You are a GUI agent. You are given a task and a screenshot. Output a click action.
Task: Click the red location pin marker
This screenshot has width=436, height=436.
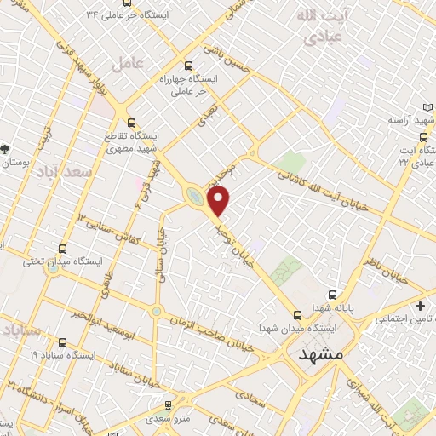click(220, 200)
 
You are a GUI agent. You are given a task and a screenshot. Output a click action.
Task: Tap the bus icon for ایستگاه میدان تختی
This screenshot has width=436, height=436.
click(62, 249)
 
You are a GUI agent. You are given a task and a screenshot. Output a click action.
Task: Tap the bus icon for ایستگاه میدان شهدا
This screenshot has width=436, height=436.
click(296, 313)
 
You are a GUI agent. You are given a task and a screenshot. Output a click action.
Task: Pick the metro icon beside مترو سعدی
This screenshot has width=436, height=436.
click(169, 404)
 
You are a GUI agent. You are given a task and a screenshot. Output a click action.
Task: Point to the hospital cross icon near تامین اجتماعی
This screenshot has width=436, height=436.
click(419, 305)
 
